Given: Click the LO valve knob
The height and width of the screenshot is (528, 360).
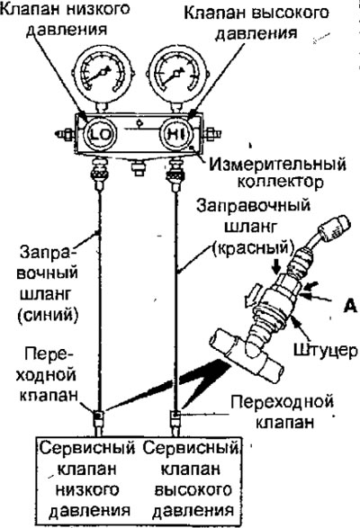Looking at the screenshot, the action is coord(100,134).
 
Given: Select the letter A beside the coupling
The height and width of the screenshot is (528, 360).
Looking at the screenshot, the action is coord(350,306).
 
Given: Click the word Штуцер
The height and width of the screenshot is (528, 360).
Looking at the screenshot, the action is coord(325,350).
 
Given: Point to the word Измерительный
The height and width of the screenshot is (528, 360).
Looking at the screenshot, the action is coord(277,165).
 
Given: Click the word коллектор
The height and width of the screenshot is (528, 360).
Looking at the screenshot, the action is coord(281,183).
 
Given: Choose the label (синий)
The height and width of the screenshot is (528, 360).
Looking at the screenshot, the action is coord(48,316).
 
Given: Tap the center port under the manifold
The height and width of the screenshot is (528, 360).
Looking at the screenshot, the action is coord(139,167).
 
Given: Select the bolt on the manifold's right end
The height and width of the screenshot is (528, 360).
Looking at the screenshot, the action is coord(211,134).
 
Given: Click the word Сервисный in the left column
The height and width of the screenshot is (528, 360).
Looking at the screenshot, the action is coord(87,448).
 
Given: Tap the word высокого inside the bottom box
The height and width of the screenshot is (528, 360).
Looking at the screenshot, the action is coord(193,489).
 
